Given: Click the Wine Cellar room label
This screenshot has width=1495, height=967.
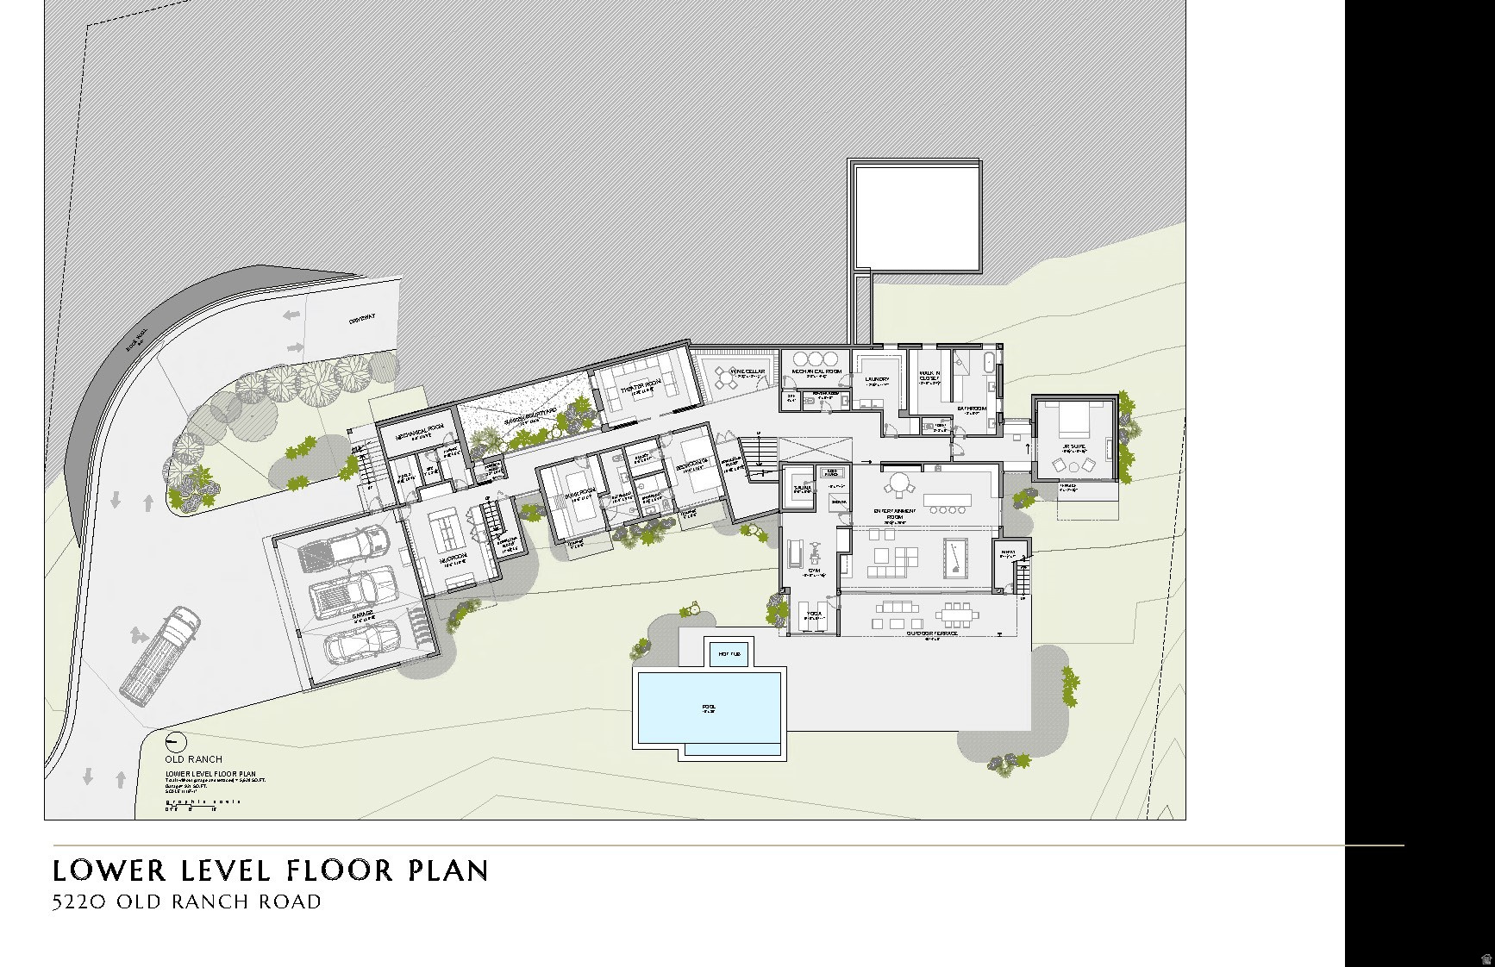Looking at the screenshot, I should tap(747, 371).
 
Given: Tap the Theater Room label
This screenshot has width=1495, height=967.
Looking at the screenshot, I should tap(641, 383).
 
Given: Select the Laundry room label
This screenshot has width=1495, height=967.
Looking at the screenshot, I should tap(877, 379).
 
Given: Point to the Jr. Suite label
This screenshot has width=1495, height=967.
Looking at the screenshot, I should tap(1073, 446).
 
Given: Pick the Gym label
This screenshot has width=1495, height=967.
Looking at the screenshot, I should tap(814, 570).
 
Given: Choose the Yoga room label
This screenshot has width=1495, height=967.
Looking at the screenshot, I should tap(813, 616).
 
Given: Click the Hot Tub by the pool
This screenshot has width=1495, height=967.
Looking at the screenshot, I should tap(729, 654).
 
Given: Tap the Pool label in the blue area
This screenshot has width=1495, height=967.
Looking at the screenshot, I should tap(709, 708).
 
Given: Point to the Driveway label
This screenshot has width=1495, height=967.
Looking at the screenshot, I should tap(362, 319).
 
